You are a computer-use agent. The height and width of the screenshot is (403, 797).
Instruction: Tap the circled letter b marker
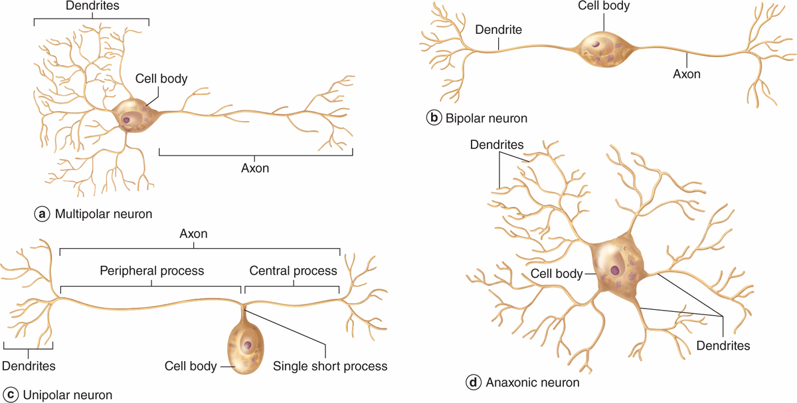(x=433, y=118)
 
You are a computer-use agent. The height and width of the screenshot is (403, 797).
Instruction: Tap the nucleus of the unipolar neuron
(x=248, y=345)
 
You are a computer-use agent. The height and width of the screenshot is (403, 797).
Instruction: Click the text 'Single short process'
(x=330, y=366)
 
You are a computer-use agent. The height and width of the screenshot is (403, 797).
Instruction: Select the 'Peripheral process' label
(x=151, y=271)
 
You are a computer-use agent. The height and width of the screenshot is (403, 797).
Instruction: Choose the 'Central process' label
(x=293, y=271)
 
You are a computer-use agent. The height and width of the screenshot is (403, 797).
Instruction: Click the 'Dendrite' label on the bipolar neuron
(x=498, y=30)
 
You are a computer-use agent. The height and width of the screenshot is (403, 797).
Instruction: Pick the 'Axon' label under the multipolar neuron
(x=255, y=168)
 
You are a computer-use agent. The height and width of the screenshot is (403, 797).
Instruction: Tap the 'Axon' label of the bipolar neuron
(x=687, y=74)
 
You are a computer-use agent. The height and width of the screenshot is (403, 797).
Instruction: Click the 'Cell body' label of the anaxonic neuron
(x=557, y=274)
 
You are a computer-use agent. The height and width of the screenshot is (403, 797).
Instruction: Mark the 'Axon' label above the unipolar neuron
(x=194, y=234)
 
